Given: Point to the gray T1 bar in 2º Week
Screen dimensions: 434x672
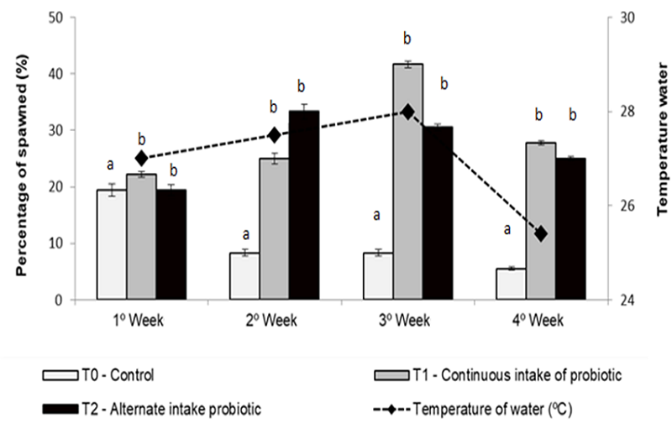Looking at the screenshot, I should (274, 228).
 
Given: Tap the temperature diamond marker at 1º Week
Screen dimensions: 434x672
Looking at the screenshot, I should (141, 158).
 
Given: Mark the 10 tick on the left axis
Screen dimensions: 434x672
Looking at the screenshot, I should (59, 243).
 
